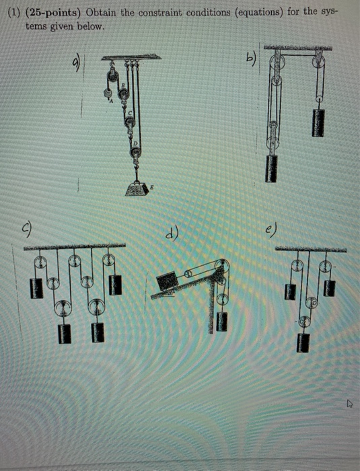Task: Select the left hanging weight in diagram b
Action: click(273, 168)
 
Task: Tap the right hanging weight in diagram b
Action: click(318, 122)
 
